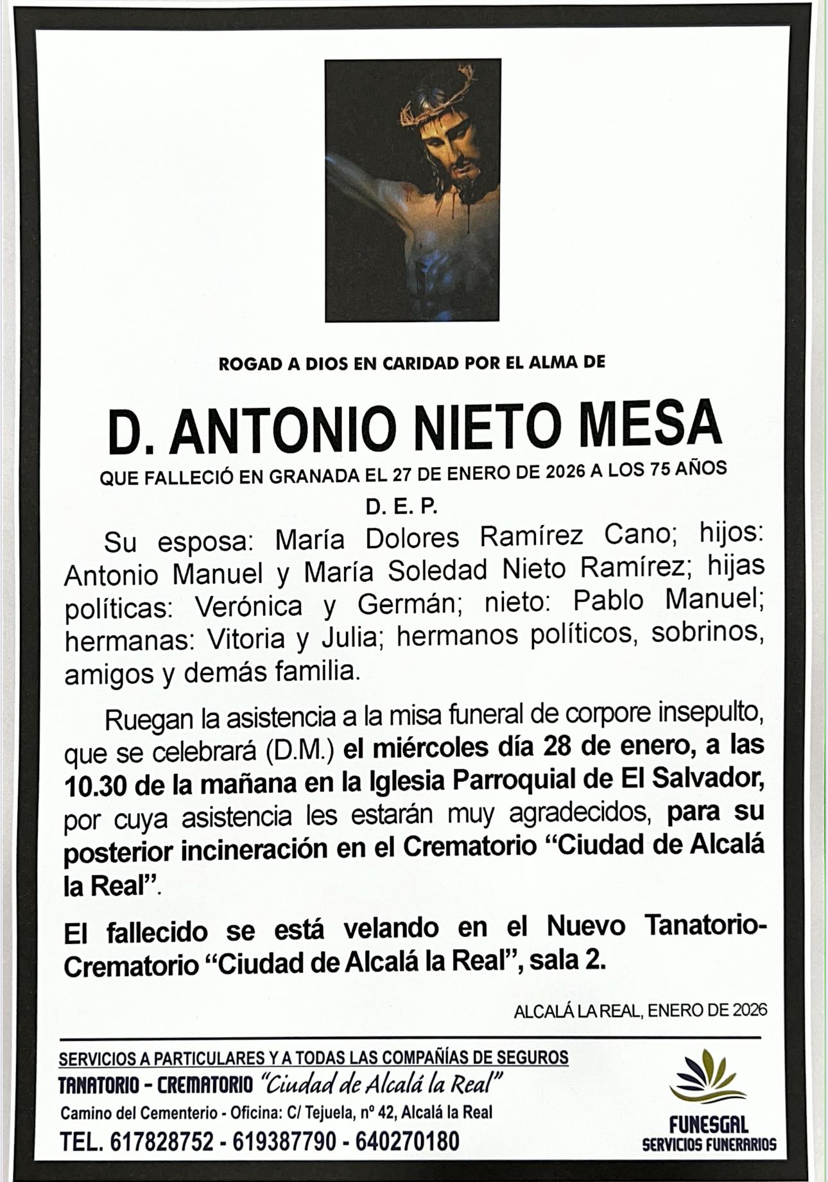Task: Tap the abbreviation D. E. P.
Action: tap(401, 507)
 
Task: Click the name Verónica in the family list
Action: tap(248, 606)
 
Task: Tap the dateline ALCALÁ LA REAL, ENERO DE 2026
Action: tap(640, 1011)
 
